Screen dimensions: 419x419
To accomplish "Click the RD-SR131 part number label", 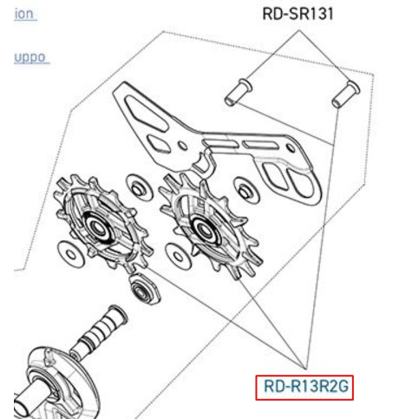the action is point(298,14).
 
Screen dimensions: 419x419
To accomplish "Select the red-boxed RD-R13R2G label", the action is point(304,388).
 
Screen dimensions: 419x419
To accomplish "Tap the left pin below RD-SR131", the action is point(239,93).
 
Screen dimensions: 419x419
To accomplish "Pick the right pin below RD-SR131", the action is point(345,95).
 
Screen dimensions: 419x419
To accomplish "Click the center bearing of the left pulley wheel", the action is point(96,226).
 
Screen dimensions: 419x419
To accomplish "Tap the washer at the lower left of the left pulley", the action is point(71,254).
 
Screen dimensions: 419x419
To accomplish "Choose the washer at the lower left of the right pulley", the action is point(179,257).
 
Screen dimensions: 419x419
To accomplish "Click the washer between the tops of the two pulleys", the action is point(140,187).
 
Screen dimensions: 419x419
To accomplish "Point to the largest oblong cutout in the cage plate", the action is point(145,114).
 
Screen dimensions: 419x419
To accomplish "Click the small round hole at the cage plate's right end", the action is point(291,148).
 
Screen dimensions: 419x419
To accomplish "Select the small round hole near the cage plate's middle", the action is point(183,146).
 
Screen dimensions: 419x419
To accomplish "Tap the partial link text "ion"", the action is point(24,14).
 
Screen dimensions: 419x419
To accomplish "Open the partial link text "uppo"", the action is point(30,58).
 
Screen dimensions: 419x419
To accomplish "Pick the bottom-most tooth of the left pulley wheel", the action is point(130,266).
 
